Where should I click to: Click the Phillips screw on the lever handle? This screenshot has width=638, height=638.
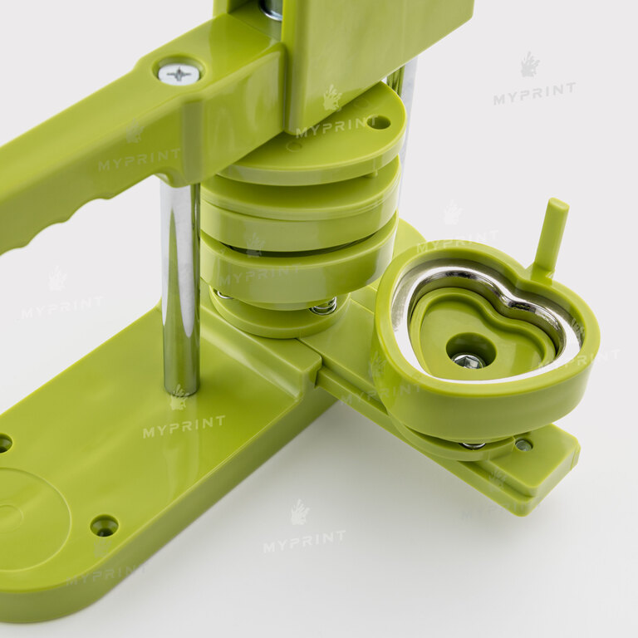pos(179,74)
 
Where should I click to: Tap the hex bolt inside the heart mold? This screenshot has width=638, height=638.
pos(468,361)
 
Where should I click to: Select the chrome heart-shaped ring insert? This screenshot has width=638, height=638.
pos(484,321)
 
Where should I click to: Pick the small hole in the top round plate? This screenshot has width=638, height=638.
pos(379,122)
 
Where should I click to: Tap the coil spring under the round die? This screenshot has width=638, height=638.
pos(324,307)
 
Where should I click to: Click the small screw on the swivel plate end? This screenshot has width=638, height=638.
pos(523,444)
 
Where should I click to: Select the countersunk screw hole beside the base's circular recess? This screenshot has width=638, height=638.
pos(105,525)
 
